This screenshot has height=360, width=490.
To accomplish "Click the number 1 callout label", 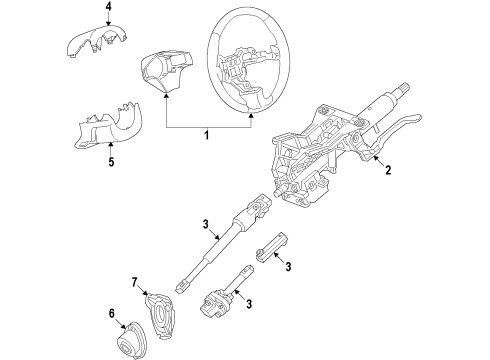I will pyautogui.click(x=207, y=134).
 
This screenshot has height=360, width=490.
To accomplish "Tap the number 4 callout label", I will pyautogui.click(x=96, y=13).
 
